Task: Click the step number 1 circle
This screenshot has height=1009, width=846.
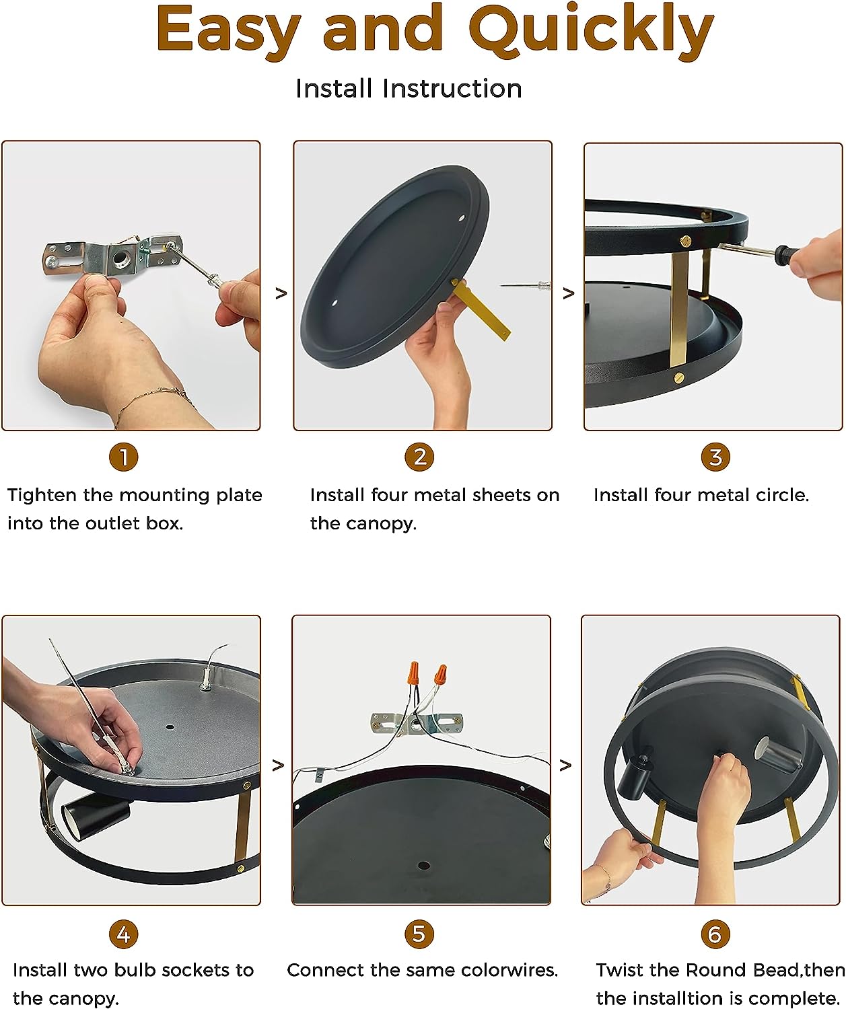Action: (124, 457)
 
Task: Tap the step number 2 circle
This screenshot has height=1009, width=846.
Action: (419, 457)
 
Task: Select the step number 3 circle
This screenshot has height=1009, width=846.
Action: (715, 457)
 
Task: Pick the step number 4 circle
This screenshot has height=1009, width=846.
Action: (124, 934)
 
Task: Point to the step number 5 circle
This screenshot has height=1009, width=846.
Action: (419, 934)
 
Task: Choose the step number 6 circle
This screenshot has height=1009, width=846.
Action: (715, 934)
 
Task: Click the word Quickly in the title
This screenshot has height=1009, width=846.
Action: (592, 32)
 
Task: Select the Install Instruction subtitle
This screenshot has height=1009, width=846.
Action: (409, 89)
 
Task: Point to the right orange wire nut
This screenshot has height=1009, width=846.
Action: (440, 675)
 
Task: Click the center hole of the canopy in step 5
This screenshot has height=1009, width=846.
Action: (424, 865)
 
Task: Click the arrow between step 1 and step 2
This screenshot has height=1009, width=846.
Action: (281, 293)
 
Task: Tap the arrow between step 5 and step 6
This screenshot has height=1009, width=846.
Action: (565, 765)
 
